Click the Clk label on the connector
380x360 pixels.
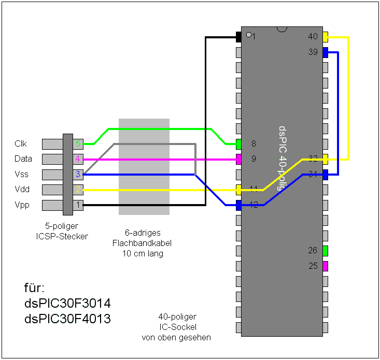coord(21,143)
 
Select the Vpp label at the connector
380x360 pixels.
coord(22,205)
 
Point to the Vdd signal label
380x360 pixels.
coord(22,190)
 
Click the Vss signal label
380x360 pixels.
coord(22,175)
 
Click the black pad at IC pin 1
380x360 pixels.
coord(239,37)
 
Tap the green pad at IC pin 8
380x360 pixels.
coord(239,144)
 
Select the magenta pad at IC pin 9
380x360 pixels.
coord(239,159)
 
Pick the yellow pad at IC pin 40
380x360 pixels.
coord(325,37)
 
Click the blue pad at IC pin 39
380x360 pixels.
coord(325,52)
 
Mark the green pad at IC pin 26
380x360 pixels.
coord(325,251)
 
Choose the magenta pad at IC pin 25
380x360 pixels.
coord(325,266)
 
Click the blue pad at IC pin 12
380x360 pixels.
coord(239,205)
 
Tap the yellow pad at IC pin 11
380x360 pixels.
coord(239,190)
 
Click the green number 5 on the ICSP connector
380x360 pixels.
coord(78,143)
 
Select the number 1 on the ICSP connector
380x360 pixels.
coord(78,205)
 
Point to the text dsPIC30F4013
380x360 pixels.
coord(67,319)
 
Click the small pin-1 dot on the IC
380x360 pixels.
coord(249,35)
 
